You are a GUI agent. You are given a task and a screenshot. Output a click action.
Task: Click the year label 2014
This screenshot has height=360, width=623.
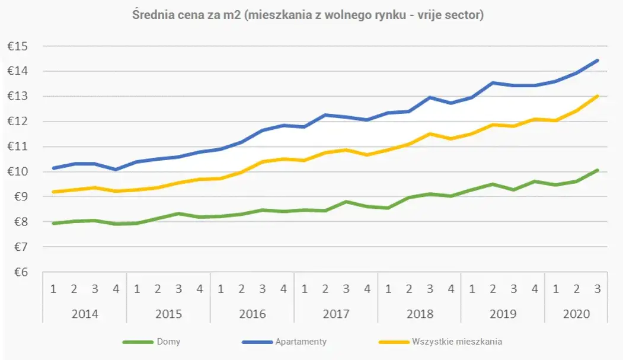click(85, 314)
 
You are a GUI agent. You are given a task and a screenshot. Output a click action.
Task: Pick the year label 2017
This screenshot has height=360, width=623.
click(336, 314)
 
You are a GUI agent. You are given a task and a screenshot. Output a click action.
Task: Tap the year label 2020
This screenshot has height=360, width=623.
click(576, 314)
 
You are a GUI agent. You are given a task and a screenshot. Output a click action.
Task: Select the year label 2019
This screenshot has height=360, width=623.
click(503, 314)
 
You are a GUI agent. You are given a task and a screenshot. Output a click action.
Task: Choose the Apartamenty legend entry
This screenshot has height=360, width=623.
click(301, 342)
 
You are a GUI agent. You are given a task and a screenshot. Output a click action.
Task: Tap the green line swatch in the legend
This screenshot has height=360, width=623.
click(138, 342)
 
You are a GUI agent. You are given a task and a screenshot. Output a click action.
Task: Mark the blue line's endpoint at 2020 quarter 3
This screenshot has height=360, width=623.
click(598, 60)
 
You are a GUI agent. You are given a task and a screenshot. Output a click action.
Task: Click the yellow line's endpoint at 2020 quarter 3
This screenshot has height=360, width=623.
click(598, 95)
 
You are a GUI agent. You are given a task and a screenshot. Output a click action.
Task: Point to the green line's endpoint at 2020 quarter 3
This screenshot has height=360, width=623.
click(598, 170)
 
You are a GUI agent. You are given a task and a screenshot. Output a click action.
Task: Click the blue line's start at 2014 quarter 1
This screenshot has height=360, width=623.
click(53, 168)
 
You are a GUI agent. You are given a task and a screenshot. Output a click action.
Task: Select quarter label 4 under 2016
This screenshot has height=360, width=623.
click(283, 289)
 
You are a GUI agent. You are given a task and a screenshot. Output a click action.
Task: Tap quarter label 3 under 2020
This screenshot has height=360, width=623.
click(598, 289)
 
